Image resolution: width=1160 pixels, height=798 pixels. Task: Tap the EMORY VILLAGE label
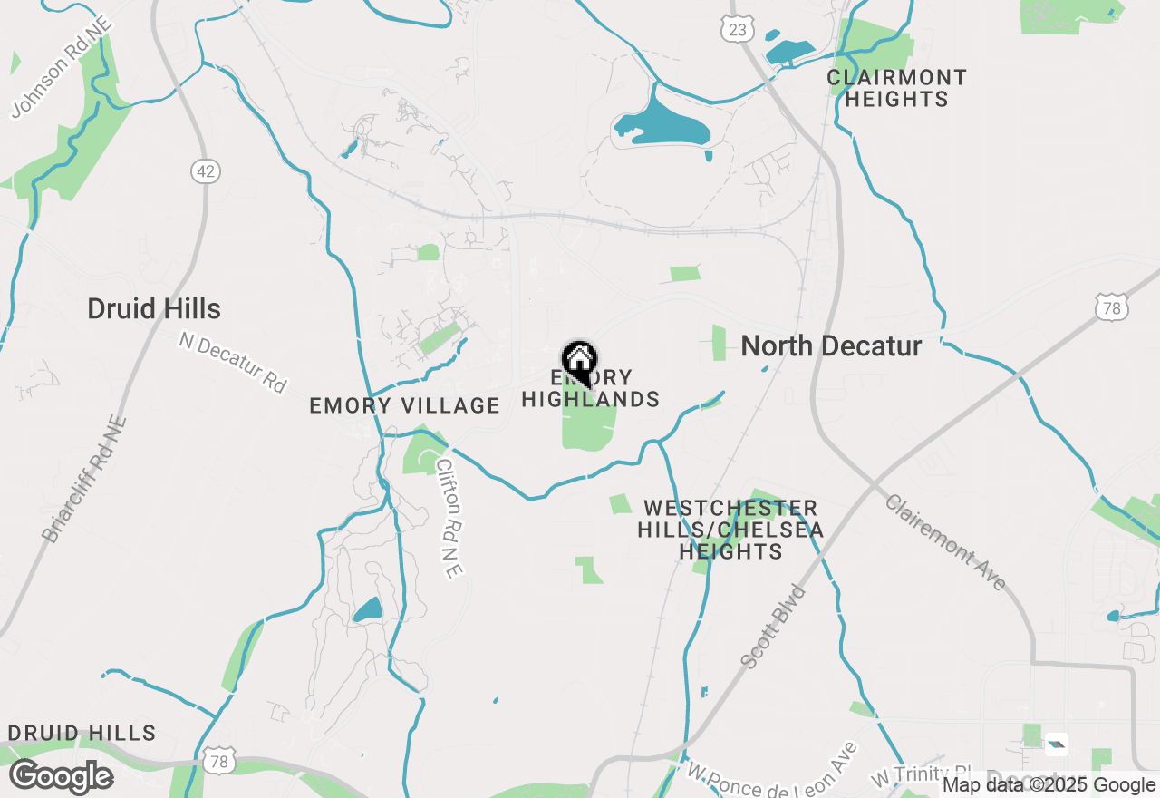[x=404, y=405]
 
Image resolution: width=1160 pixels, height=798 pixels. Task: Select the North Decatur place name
[x=831, y=345]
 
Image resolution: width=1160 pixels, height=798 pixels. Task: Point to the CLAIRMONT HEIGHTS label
[x=896, y=88]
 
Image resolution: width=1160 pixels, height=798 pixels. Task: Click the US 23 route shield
[x=738, y=30]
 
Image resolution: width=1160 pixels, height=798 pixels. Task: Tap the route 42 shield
[x=207, y=171]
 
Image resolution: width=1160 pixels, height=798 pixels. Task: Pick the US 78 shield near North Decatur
[x=1111, y=307]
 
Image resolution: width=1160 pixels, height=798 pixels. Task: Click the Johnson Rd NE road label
[x=62, y=66]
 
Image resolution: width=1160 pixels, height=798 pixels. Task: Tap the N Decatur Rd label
[x=232, y=362]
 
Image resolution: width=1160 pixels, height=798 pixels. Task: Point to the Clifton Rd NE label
[x=449, y=516]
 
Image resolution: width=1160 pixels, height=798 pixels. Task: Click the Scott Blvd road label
[x=773, y=627]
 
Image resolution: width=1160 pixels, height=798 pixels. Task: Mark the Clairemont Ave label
[x=945, y=542]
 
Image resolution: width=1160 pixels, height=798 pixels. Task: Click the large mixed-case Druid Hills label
[x=154, y=308]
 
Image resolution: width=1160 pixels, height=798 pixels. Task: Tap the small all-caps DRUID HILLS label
[x=82, y=733]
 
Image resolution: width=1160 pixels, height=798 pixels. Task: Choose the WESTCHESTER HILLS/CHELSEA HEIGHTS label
[x=730, y=530]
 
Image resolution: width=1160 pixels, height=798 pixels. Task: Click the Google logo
[x=62, y=777]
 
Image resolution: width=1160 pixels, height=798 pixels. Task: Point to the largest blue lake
[x=662, y=123]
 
